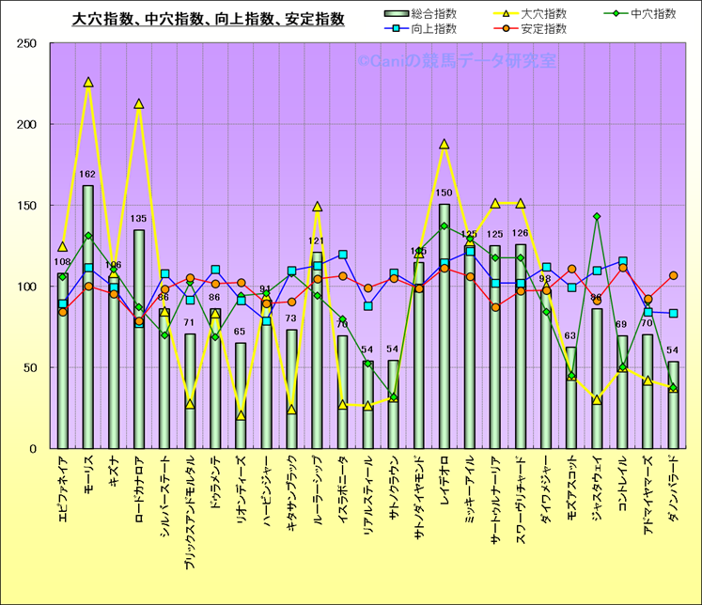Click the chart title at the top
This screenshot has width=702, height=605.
209,18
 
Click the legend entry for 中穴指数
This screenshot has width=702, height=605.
654,13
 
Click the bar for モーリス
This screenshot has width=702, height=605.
88,319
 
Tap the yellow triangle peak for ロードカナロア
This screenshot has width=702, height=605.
139,104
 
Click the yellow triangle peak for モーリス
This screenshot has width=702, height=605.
88,83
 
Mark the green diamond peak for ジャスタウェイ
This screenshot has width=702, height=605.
597,216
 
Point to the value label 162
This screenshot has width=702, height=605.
88,175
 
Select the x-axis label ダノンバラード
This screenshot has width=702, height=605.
673,498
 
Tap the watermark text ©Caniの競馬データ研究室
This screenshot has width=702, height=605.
456,61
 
